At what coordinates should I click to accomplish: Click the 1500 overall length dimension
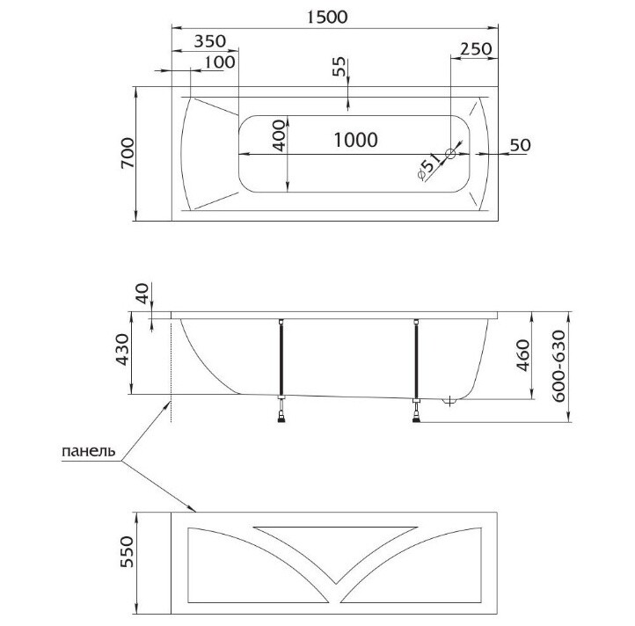click(327, 17)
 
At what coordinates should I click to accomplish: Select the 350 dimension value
click(210, 41)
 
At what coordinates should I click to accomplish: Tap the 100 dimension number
click(220, 62)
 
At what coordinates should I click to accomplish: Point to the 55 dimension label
click(339, 67)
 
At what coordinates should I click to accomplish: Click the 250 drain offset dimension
click(477, 49)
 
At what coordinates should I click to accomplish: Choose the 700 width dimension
click(128, 153)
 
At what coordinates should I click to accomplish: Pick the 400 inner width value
click(279, 135)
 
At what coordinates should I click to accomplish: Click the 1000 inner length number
click(355, 140)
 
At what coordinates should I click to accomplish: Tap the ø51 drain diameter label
click(429, 166)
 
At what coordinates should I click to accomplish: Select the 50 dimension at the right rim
click(520, 145)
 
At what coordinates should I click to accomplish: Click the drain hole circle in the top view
click(450, 154)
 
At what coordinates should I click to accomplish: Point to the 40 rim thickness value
click(142, 293)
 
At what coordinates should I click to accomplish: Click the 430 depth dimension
click(122, 349)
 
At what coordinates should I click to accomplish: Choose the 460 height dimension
click(522, 355)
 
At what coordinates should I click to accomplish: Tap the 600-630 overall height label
click(558, 366)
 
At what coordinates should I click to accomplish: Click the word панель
click(89, 451)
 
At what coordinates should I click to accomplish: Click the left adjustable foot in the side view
click(281, 410)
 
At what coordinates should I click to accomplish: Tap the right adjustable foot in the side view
click(416, 410)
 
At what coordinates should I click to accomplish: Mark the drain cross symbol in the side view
click(449, 402)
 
